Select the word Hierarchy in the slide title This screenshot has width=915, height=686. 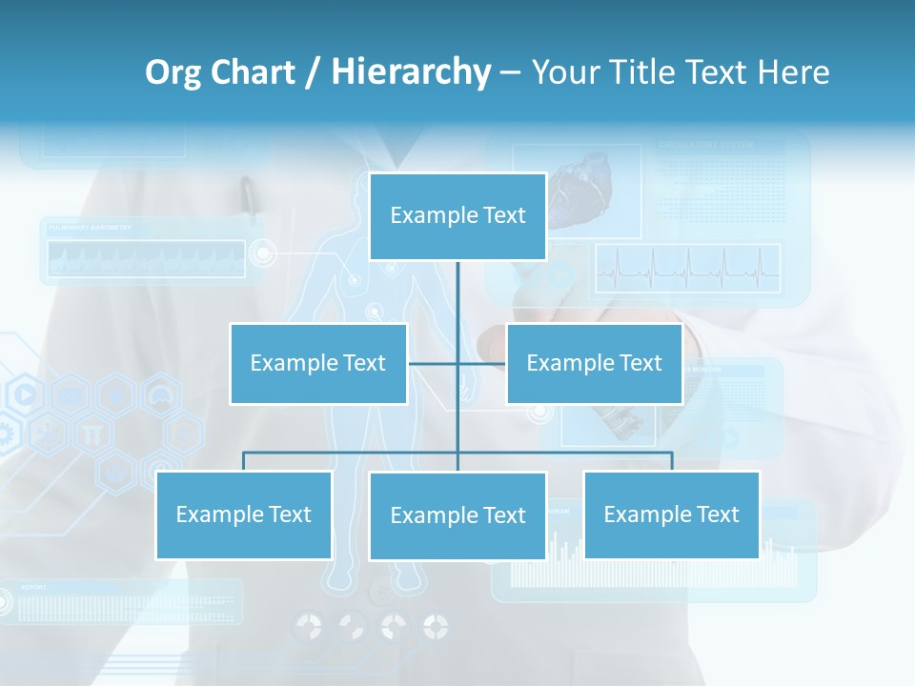411,72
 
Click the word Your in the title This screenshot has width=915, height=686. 564,72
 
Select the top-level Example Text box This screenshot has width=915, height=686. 457,216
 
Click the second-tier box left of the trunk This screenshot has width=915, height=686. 318,363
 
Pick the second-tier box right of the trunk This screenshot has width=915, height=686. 594,363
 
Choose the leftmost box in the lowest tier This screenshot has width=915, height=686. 244,514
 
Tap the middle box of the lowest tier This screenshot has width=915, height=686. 457,515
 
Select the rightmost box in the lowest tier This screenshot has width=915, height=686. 671,514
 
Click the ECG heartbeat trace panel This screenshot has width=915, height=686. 687,268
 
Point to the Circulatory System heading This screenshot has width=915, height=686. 705,146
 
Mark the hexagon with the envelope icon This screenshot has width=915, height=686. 70,393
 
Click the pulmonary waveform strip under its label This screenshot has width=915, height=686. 143,257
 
